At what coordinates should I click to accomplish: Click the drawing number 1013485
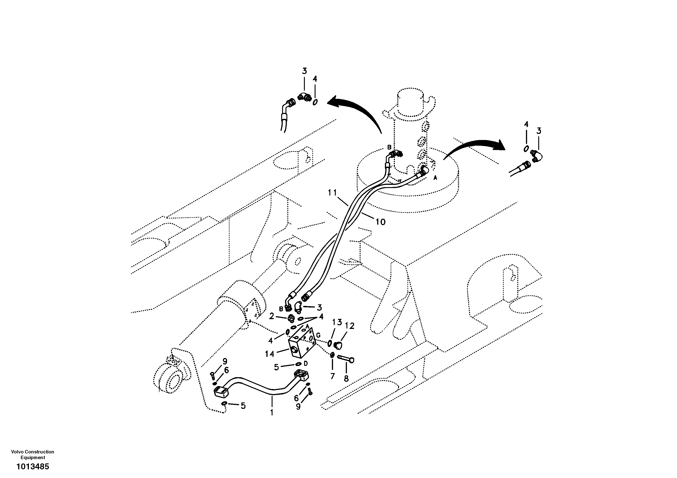(33, 466)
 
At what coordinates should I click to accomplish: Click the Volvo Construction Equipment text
(33, 454)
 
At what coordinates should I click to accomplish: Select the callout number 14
(270, 354)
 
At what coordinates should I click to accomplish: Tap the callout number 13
(337, 322)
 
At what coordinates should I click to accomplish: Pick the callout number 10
(381, 222)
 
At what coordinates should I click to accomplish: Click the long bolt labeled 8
(345, 359)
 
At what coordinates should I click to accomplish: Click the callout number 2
(272, 316)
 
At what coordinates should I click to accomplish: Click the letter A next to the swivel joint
(435, 178)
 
